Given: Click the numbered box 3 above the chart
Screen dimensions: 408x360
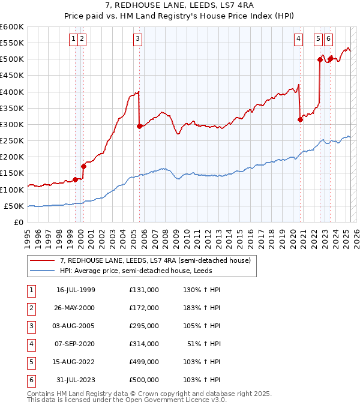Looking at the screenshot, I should (138, 39).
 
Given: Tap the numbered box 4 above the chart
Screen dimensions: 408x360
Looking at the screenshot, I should (298, 39).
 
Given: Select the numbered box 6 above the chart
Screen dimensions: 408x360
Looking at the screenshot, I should (328, 39).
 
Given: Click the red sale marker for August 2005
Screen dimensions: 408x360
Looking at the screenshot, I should (139, 126).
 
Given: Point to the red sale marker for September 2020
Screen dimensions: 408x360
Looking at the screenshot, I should (300, 119).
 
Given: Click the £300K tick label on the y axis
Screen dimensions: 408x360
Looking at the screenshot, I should (12, 124).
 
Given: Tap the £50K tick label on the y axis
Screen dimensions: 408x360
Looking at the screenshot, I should (14, 206).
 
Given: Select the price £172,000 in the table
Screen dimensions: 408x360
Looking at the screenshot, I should (144, 308).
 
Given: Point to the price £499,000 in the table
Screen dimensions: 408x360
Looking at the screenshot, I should (144, 362).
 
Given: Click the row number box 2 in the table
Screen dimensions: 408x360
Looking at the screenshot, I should (31, 308).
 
